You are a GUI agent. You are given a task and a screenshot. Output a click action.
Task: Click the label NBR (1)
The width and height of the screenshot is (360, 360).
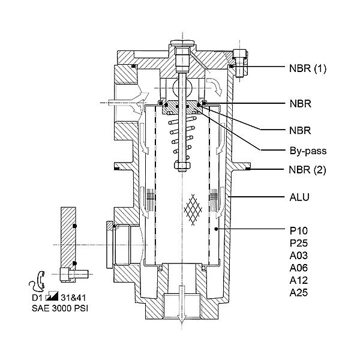coord(308,68)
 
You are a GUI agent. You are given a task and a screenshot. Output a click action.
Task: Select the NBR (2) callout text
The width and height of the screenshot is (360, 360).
coord(307,170)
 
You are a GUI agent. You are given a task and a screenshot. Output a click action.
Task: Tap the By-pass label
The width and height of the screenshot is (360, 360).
coord(308,151)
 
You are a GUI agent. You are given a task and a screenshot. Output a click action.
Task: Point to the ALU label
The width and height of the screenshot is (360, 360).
coord(299,197)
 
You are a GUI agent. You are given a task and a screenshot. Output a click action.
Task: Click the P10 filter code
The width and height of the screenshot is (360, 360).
coord(298,231)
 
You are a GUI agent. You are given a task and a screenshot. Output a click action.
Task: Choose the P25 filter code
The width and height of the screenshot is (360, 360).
coord(298,243)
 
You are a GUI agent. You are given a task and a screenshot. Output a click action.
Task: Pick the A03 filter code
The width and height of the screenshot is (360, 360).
coord(298,256)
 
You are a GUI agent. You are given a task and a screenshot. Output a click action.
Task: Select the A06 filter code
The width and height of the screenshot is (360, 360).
coord(298,268)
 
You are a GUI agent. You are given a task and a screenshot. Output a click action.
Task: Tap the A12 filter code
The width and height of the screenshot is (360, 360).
coord(298,280)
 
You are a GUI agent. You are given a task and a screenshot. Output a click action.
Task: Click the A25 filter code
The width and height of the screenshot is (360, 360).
coord(298,293)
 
